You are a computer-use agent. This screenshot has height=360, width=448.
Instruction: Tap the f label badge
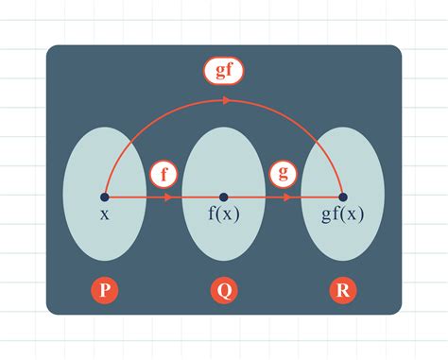point(164,175)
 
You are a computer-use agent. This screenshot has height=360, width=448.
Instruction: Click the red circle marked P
point(104,289)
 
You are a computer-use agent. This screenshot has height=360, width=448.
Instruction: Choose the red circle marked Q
point(223,289)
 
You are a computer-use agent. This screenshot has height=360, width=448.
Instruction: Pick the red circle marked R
point(341,289)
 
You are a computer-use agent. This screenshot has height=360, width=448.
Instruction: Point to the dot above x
point(104,197)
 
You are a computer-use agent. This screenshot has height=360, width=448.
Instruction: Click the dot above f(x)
point(223,197)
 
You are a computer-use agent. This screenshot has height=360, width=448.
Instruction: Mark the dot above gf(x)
point(341,197)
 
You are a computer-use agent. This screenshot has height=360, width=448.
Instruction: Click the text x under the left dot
point(104,214)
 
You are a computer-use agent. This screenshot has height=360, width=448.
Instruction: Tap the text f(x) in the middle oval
point(223,214)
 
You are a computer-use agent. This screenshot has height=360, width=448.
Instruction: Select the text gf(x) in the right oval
point(341,214)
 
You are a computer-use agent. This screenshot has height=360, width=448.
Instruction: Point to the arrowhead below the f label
point(168,197)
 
